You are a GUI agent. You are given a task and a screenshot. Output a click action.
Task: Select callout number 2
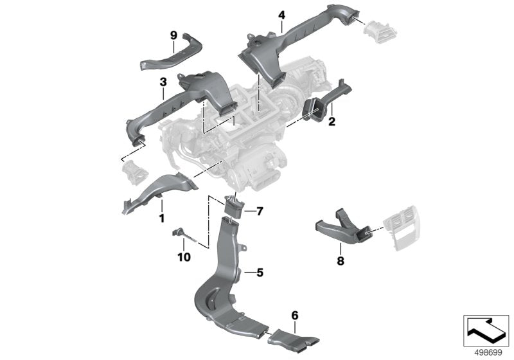click(x=332, y=122)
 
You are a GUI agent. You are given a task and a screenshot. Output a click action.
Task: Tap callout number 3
click(x=163, y=82)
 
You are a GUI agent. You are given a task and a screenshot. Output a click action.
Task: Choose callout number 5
click(x=260, y=273)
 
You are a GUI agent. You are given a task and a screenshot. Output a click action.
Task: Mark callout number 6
click(x=294, y=315)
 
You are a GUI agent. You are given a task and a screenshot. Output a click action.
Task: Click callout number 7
click(x=260, y=210)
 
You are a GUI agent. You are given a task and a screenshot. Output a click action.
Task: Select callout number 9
click(x=173, y=35)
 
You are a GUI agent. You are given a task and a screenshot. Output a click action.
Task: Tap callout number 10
click(x=184, y=257)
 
